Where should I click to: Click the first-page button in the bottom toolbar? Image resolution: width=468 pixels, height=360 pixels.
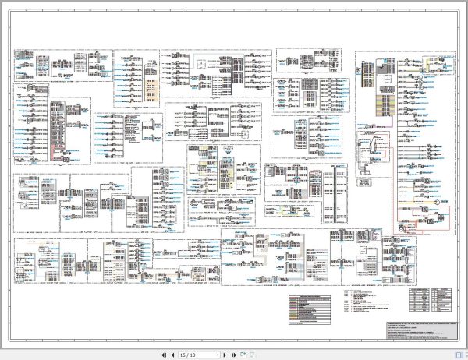163,355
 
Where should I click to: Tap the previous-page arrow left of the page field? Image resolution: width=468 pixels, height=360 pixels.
172,355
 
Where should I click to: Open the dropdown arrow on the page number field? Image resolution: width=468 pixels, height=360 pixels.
216,355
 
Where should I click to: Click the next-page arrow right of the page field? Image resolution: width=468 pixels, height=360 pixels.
225,355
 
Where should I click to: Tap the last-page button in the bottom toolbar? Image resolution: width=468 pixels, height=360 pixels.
234,355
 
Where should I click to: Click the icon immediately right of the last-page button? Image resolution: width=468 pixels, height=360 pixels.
243,355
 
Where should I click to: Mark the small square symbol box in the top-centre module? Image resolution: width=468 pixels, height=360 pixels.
201,63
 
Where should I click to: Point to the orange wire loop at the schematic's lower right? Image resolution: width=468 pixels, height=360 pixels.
417,218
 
